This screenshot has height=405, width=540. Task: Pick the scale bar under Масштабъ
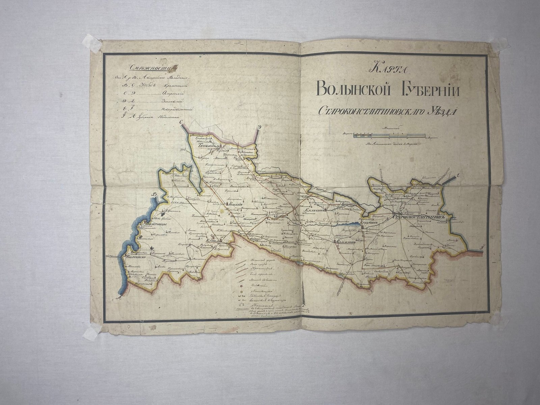click(389, 136)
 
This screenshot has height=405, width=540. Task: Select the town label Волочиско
click(136, 257)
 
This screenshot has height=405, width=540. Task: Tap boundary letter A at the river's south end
click(118, 297)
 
